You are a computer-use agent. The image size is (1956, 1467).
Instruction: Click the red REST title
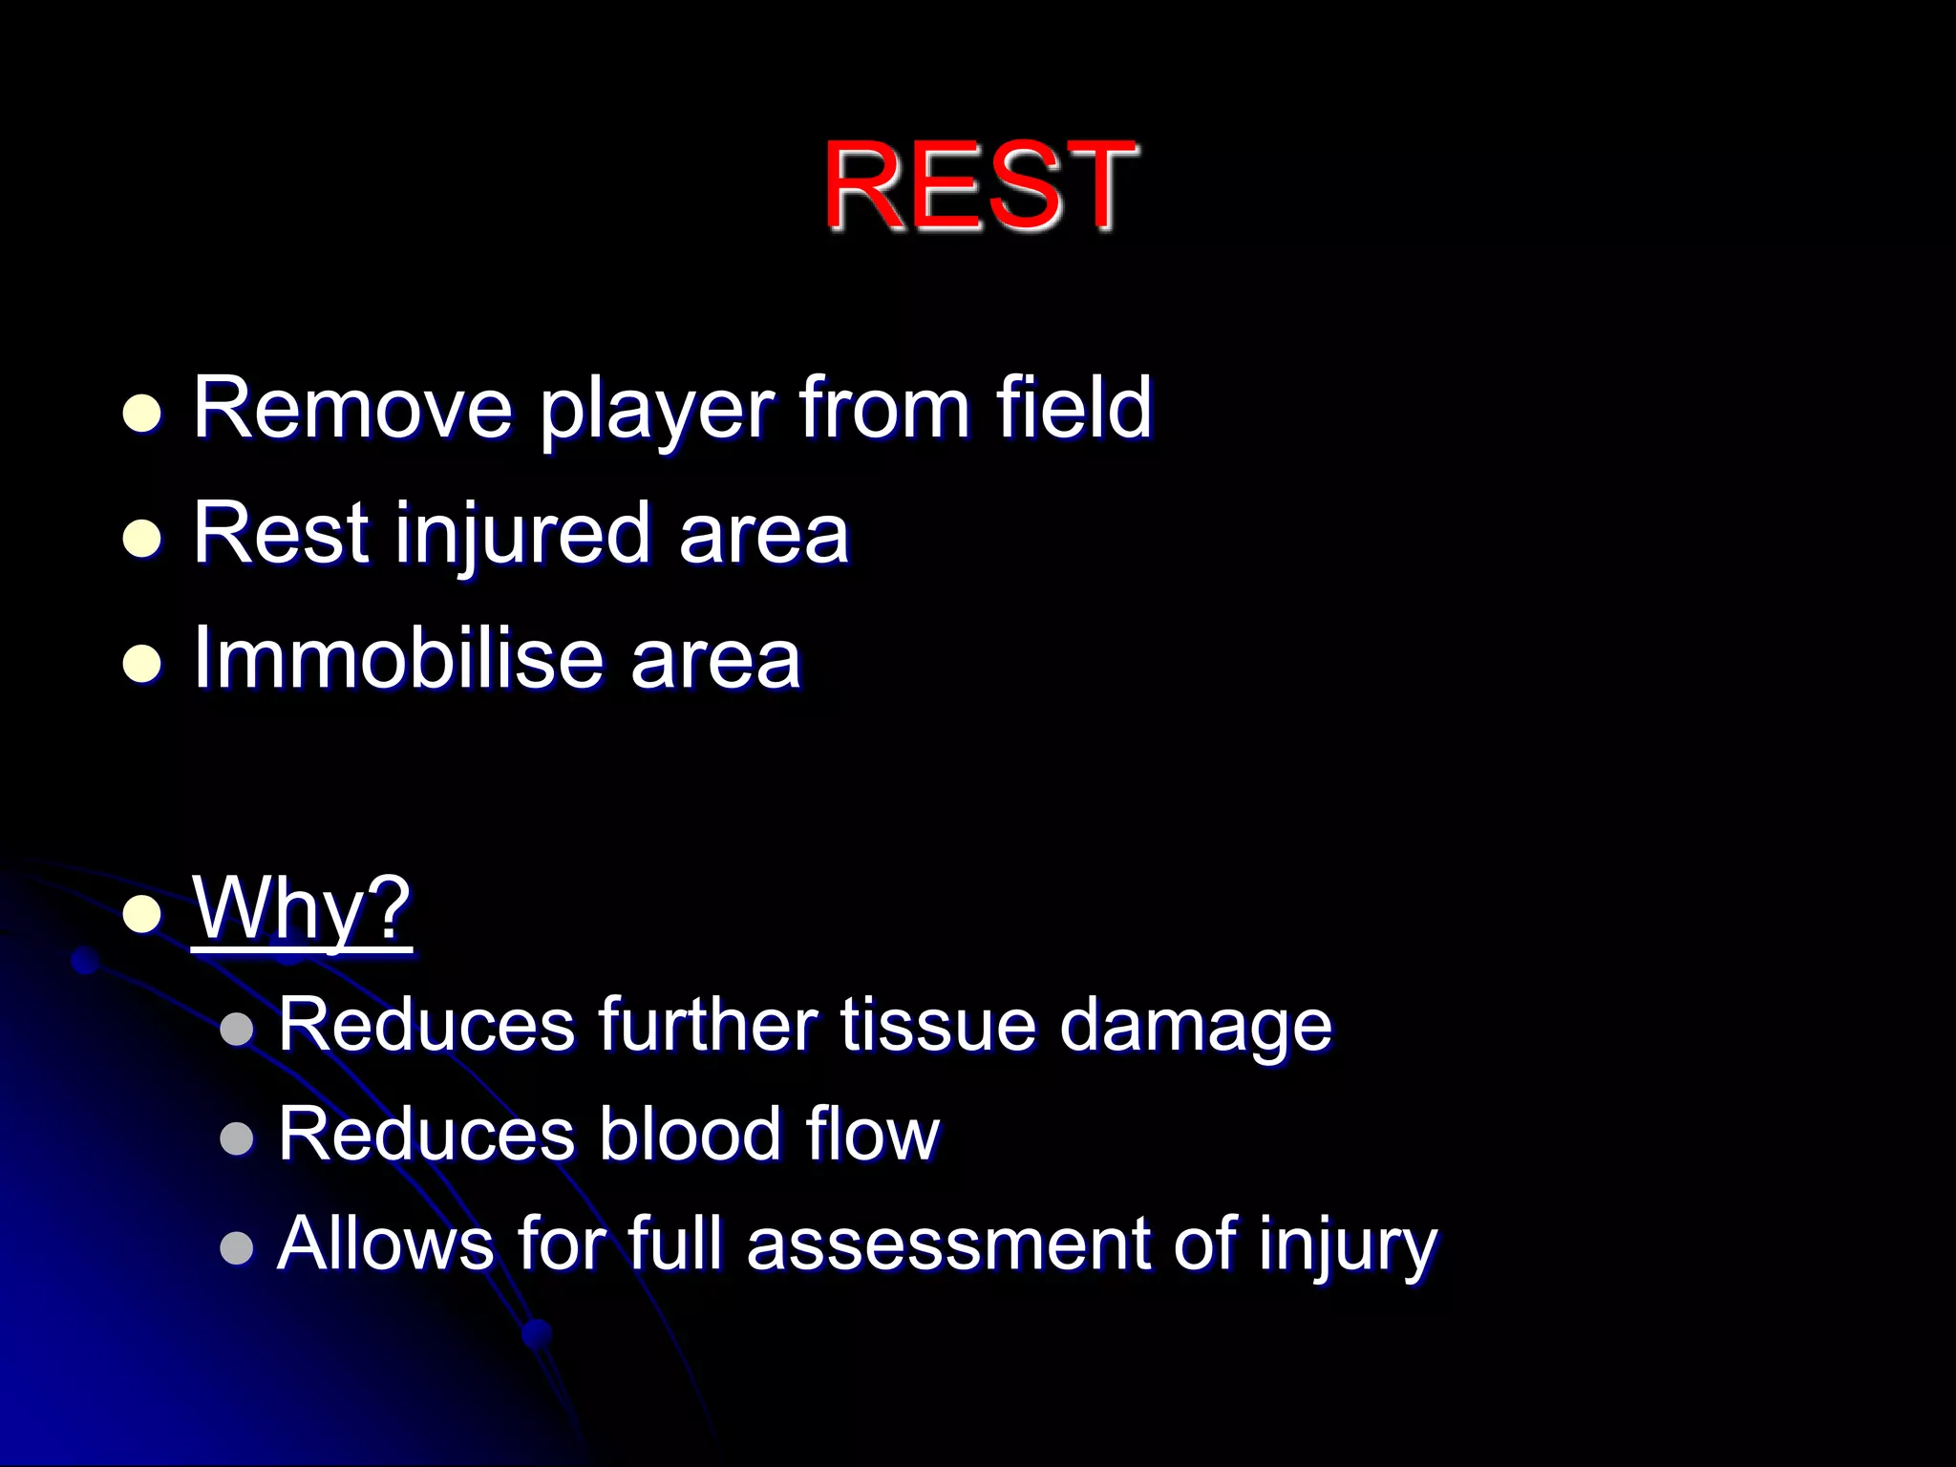pos(980,185)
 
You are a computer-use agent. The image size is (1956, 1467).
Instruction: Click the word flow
pos(872,1134)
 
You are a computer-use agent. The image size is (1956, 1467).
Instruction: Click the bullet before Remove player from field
pos(142,414)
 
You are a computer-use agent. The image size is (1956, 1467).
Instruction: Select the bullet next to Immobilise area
pos(142,663)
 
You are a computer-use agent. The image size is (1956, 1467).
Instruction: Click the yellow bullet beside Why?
pos(142,913)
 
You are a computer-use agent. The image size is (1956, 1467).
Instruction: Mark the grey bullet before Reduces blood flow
pos(236,1138)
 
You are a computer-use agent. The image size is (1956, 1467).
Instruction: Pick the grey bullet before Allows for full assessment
pos(236,1247)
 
